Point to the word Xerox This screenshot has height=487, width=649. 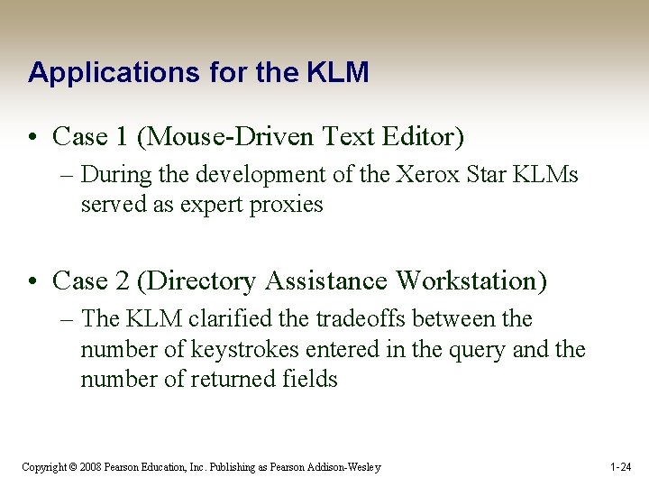coord(427,174)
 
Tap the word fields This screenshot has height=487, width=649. coord(308,379)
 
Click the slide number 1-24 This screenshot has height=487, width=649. coord(620,467)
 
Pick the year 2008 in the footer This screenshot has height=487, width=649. coord(90,467)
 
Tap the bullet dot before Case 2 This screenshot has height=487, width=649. coord(34,282)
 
